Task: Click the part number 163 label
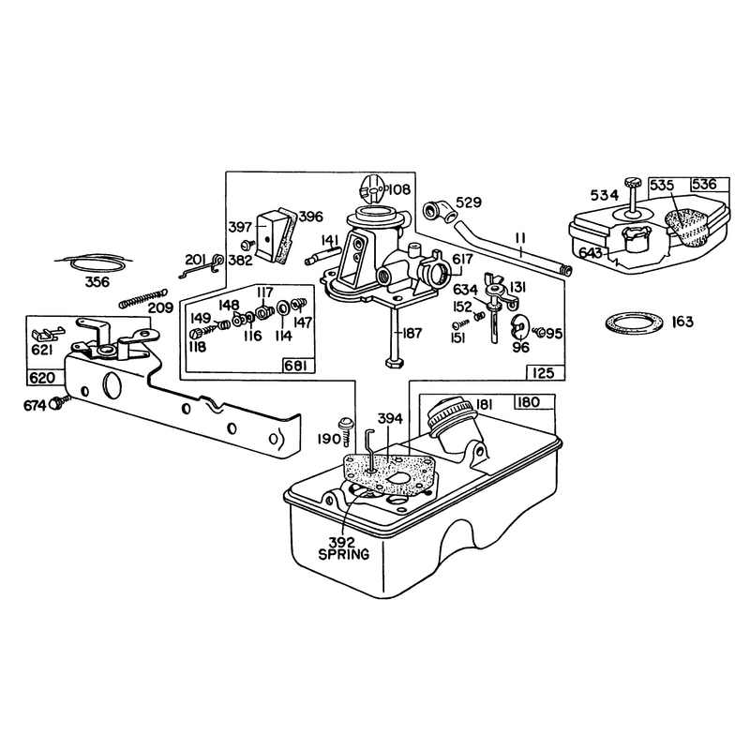(x=682, y=322)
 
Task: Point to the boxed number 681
(x=298, y=366)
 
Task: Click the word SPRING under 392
(x=344, y=554)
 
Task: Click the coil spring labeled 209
(x=143, y=298)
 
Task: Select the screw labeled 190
(x=346, y=430)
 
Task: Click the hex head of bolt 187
(x=395, y=362)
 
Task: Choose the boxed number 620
(x=42, y=378)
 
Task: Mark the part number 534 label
(x=604, y=195)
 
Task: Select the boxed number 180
(x=529, y=402)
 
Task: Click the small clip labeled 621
(x=47, y=334)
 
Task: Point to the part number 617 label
(x=462, y=259)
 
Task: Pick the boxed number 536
(x=705, y=185)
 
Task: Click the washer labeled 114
(x=282, y=307)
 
